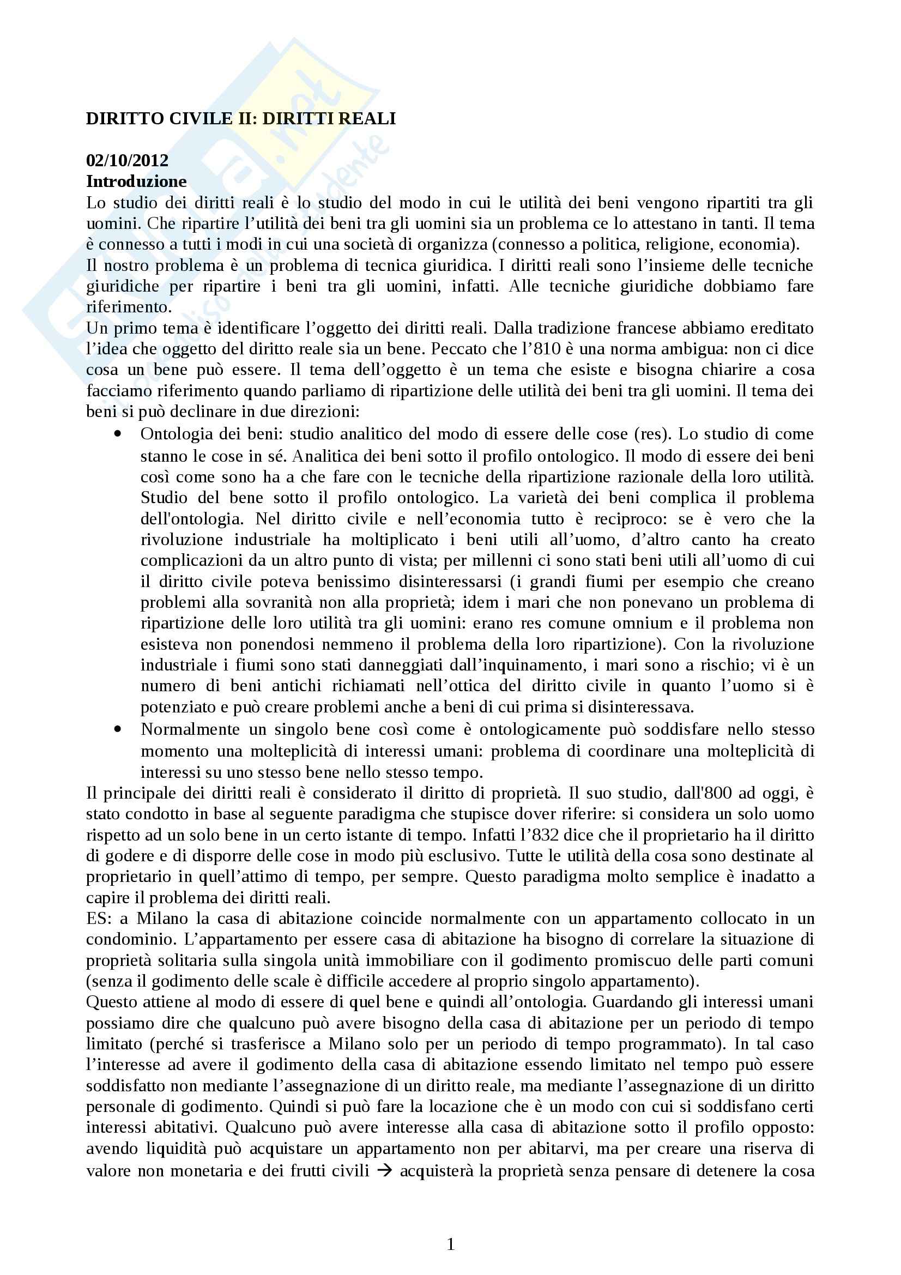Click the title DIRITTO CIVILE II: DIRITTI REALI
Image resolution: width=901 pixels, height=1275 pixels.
[x=240, y=119]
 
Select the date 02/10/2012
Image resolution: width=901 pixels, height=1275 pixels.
[x=127, y=160]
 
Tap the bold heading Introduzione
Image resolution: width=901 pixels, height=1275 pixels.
[x=136, y=182]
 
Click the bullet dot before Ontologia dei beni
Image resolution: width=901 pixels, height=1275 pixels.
[x=117, y=434]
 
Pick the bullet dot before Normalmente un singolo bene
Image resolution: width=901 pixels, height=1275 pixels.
[x=117, y=729]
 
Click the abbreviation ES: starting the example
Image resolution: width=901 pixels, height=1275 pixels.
[x=99, y=919]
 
